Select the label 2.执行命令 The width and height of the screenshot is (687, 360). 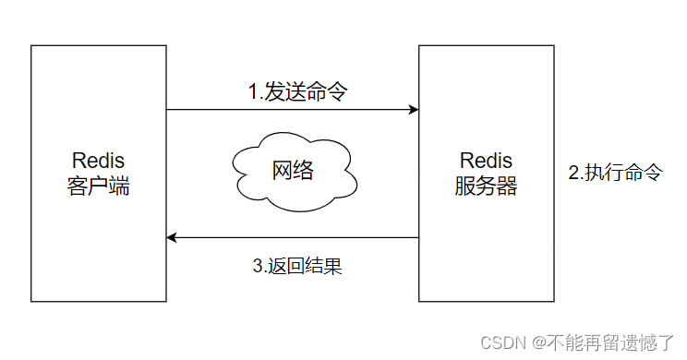click(615, 173)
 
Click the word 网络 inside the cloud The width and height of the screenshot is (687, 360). click(293, 171)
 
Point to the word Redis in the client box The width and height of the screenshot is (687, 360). click(98, 162)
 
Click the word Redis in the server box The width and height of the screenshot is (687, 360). click(486, 162)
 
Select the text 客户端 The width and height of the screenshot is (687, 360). click(98, 186)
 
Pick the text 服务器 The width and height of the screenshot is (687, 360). click(486, 186)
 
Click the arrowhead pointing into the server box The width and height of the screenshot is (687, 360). click(413, 110)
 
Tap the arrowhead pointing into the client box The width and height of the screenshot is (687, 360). click(173, 238)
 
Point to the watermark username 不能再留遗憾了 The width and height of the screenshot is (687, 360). click(614, 342)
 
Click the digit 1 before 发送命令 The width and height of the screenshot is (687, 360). click(253, 91)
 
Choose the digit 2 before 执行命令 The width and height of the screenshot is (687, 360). click(572, 173)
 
